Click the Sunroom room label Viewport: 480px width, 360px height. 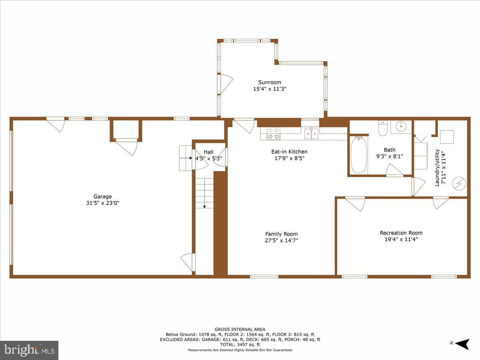click(x=270, y=82)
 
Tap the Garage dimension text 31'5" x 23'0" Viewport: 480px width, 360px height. click(x=103, y=203)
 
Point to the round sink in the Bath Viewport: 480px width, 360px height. click(x=400, y=127)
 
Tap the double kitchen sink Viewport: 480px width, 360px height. click(x=311, y=133)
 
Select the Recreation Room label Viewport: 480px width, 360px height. click(x=401, y=233)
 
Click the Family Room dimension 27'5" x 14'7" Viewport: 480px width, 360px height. click(x=282, y=240)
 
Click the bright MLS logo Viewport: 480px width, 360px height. click(x=29, y=350)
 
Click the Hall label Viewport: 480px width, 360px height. click(x=208, y=152)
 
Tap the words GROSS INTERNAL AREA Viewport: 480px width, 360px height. click(x=240, y=330)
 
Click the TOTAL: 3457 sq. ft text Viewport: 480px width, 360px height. click(x=240, y=344)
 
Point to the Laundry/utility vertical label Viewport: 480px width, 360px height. click(x=440, y=167)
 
